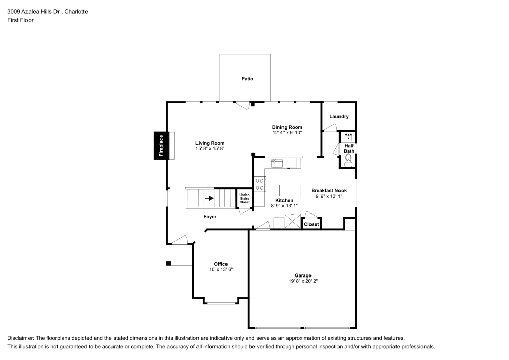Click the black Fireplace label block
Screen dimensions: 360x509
tap(161, 146)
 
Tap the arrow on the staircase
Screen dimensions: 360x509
tap(209, 198)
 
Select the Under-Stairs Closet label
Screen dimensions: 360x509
tap(245, 199)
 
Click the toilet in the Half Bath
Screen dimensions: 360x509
tap(348, 160)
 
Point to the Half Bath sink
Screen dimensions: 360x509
tap(349, 137)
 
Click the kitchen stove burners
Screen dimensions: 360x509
tap(260, 183)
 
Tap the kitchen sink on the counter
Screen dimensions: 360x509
tap(277, 163)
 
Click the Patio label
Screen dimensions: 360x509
tap(247, 79)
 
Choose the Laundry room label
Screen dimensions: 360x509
tap(339, 117)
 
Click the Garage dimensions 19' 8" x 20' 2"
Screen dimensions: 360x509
tap(303, 281)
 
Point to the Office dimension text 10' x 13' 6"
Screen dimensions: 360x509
tap(221, 269)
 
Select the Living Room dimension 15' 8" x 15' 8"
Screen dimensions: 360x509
tap(210, 148)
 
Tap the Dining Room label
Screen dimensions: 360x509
tap(287, 127)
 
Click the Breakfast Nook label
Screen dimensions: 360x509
tap(329, 190)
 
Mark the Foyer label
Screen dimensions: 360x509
tap(210, 217)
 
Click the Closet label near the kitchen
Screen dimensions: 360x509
tap(312, 224)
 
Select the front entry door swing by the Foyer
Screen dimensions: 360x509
tap(180, 239)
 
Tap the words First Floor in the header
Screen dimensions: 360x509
tap(20, 20)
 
